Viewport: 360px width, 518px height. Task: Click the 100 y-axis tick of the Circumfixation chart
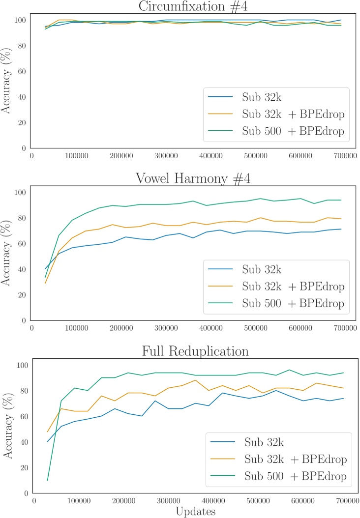click(20, 20)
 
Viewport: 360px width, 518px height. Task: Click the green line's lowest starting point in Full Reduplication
click(48, 480)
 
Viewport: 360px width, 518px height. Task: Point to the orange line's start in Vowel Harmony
click(45, 283)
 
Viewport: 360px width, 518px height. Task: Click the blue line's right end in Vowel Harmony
click(341, 229)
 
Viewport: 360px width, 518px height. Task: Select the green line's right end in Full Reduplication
click(343, 373)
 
